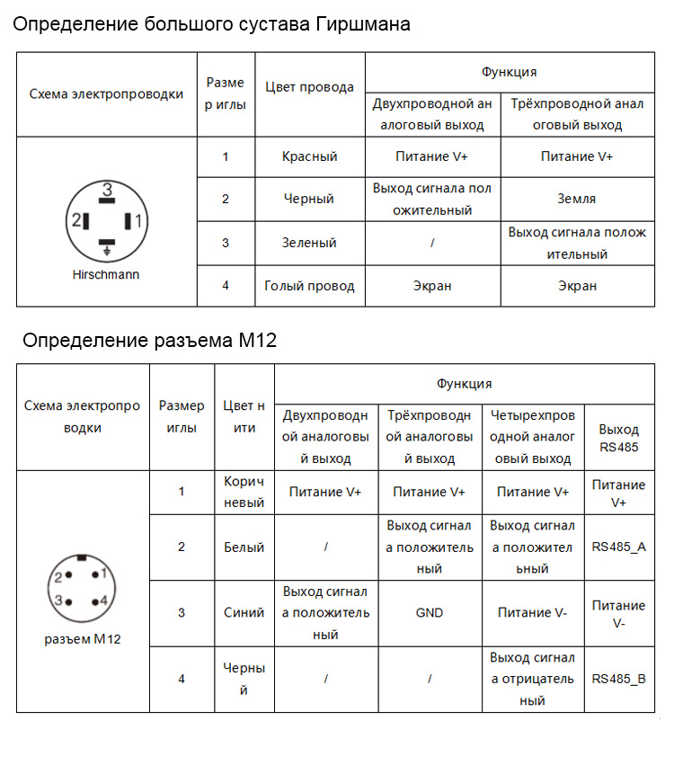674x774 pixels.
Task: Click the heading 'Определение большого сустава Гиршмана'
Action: (211, 24)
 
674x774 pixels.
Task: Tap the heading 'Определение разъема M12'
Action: (149, 340)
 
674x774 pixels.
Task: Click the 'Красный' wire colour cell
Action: (309, 156)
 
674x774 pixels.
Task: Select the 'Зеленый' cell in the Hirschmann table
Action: (309, 243)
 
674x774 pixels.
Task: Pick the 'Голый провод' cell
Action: (309, 286)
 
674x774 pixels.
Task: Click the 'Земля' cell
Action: (577, 199)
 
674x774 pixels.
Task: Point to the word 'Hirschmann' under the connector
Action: (106, 274)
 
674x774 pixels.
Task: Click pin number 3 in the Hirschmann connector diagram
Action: (107, 190)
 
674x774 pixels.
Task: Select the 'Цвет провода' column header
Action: (309, 87)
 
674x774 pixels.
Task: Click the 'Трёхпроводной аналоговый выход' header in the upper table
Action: (577, 114)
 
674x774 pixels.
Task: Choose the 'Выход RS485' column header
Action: (618, 438)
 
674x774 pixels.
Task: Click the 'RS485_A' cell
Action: (618, 547)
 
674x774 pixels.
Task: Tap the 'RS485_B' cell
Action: (618, 679)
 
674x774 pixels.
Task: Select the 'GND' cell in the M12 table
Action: (430, 613)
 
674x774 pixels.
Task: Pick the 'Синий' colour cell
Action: (244, 613)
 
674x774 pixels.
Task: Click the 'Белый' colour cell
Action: (244, 547)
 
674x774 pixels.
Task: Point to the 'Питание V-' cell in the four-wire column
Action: (533, 613)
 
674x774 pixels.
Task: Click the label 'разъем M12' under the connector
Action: (83, 639)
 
